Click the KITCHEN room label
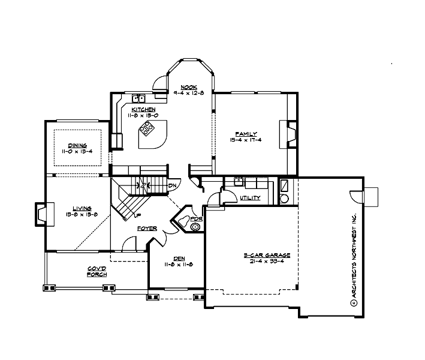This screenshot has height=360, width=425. [144, 110]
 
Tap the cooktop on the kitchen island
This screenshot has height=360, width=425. [147, 127]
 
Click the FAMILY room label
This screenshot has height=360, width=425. [246, 134]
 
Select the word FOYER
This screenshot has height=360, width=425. [147, 229]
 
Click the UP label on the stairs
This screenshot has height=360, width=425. [138, 215]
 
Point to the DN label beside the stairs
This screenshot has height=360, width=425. [172, 186]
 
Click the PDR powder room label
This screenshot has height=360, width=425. [196, 220]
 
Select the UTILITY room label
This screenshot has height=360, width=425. [249, 197]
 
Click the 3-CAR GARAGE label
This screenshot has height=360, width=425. [252, 255]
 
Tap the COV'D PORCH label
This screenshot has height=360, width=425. [96, 271]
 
